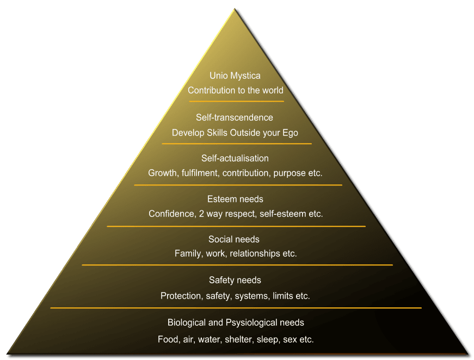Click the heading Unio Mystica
[235, 76]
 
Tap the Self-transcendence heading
[235, 117]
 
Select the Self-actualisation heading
[235, 158]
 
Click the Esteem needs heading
[235, 199]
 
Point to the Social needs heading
[234, 239]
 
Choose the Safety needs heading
[235, 280]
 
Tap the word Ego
[290, 132]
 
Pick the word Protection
[181, 296]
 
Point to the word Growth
[162, 173]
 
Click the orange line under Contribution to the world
[236, 101]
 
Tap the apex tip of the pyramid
[236, 9]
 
